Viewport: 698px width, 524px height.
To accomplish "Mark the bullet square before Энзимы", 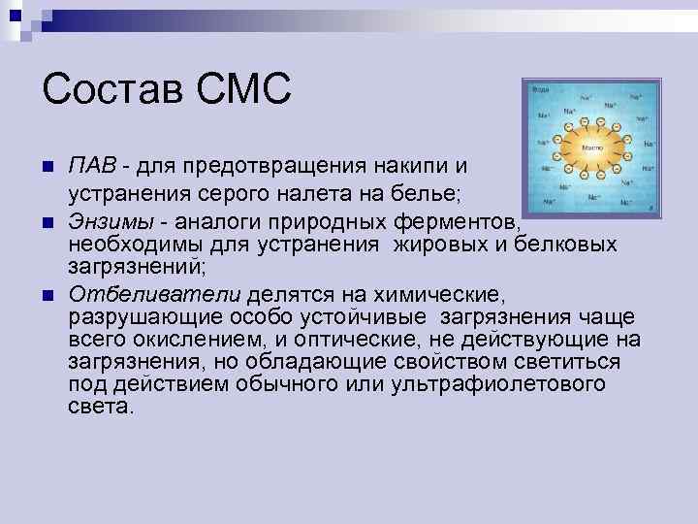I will pyautogui.click(x=49, y=224).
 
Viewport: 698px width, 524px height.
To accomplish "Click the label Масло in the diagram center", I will pyautogui.click(x=591, y=147).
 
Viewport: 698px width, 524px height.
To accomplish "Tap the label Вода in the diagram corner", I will pyautogui.click(x=539, y=90).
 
